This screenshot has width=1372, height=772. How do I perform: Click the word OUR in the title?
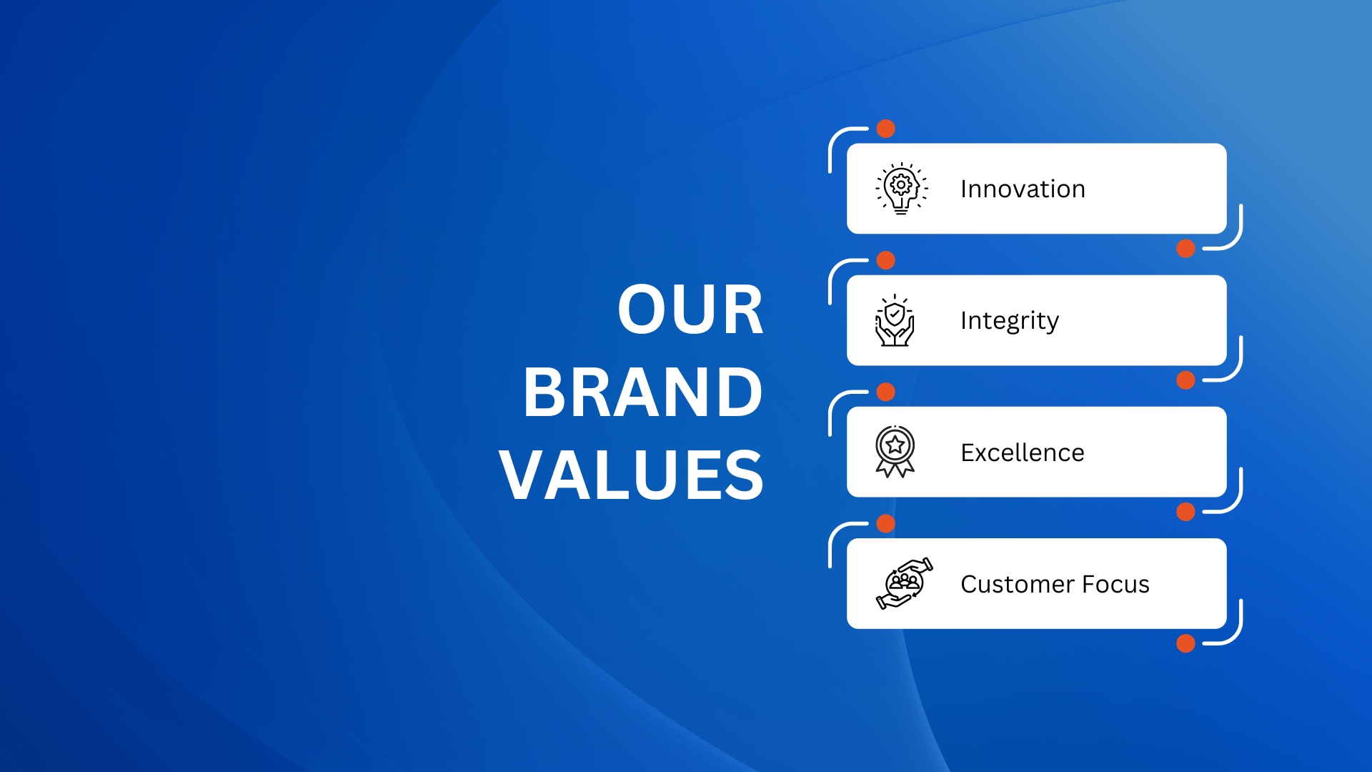(690, 309)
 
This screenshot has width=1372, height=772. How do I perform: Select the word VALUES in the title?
(632, 475)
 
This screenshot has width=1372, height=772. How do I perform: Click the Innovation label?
(1023, 189)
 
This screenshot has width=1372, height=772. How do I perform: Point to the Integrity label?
(1009, 321)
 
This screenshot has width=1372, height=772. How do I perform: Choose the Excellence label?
(1023, 452)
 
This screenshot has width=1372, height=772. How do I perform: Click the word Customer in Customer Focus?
(1018, 584)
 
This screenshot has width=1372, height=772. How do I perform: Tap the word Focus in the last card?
(1116, 584)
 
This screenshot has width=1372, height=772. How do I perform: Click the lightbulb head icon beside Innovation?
(902, 189)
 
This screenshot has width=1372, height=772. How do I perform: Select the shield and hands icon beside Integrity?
(895, 320)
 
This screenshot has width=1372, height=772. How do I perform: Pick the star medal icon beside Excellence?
(895, 452)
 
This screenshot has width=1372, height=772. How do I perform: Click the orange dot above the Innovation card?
(886, 129)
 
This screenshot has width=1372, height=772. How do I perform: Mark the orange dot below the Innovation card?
(1185, 249)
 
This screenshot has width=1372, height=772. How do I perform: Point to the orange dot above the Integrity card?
(886, 260)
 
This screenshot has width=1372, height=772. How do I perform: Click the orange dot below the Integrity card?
(1185, 380)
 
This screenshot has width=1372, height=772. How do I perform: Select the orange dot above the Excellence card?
(886, 392)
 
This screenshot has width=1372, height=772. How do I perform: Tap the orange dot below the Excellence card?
(1185, 512)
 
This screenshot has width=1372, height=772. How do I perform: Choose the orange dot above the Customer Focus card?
(886, 524)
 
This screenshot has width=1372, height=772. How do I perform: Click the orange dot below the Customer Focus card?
(1185, 643)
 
